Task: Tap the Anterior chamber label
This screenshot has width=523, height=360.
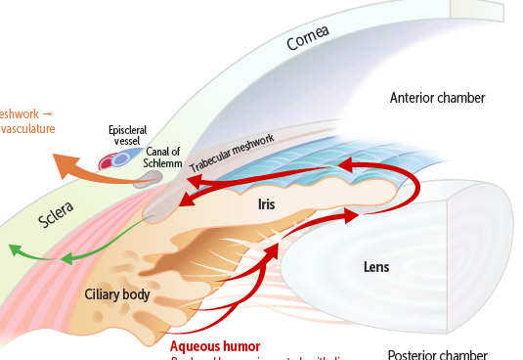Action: pyautogui.click(x=437, y=98)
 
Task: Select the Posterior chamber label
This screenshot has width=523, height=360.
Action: pyautogui.click(x=437, y=354)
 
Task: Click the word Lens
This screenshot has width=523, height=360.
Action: pyautogui.click(x=376, y=266)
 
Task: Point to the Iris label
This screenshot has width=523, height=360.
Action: pyautogui.click(x=267, y=204)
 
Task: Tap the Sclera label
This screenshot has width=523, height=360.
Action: pyautogui.click(x=57, y=217)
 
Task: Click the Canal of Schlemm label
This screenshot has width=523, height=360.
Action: pyautogui.click(x=163, y=157)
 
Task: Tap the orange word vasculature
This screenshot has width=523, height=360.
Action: pyautogui.click(x=26, y=129)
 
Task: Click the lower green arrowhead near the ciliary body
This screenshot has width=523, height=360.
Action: pyautogui.click(x=65, y=260)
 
